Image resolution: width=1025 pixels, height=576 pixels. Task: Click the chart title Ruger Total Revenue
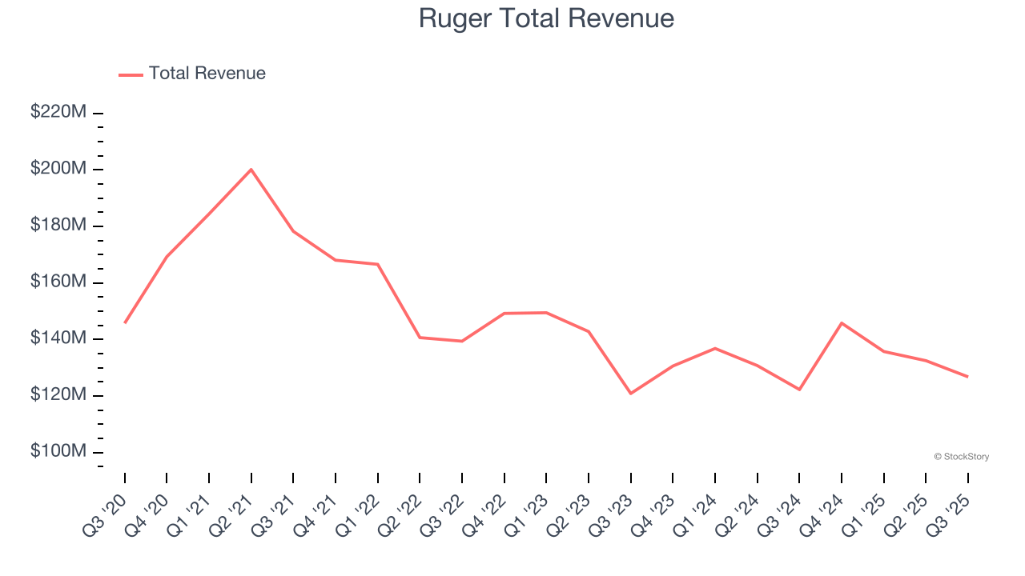tap(546, 18)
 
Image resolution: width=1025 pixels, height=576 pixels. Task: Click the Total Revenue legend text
tap(207, 74)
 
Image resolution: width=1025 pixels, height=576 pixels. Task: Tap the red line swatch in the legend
tap(131, 74)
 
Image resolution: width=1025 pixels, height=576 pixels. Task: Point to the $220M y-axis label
tap(58, 113)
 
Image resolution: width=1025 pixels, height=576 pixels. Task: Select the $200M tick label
tap(58, 170)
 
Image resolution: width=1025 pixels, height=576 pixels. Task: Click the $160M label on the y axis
tap(58, 282)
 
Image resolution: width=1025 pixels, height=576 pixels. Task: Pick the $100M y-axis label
tap(58, 452)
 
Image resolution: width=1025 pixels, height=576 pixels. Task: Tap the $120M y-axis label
tap(58, 395)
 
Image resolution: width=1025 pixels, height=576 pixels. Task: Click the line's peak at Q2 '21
tap(251, 170)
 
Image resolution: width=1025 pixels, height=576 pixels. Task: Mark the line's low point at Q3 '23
tap(631, 394)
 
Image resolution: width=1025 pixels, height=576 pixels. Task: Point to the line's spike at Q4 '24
tap(842, 322)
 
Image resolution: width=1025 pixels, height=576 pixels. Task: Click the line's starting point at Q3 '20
tap(125, 322)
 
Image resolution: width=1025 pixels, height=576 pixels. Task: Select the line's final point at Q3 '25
tap(967, 377)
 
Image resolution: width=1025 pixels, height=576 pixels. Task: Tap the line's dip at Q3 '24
tap(799, 390)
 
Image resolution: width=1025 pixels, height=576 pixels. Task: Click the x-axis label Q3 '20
tap(107, 512)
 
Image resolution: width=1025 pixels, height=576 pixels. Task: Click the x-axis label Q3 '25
tap(950, 512)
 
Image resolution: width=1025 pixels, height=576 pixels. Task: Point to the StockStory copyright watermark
tap(961, 457)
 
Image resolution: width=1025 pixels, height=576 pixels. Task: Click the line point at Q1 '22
tap(378, 264)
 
